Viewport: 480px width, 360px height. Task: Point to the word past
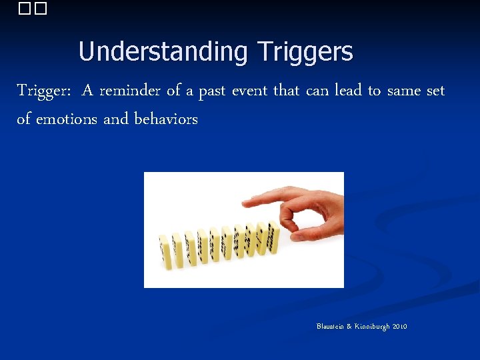[x=212, y=91]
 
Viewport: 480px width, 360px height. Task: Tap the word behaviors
[x=166, y=119]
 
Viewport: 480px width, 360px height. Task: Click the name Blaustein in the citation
[x=331, y=327]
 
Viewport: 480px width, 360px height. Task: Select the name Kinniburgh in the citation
[x=371, y=327]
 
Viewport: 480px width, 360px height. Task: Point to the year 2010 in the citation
[x=400, y=327]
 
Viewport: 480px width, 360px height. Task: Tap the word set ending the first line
[x=435, y=91]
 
